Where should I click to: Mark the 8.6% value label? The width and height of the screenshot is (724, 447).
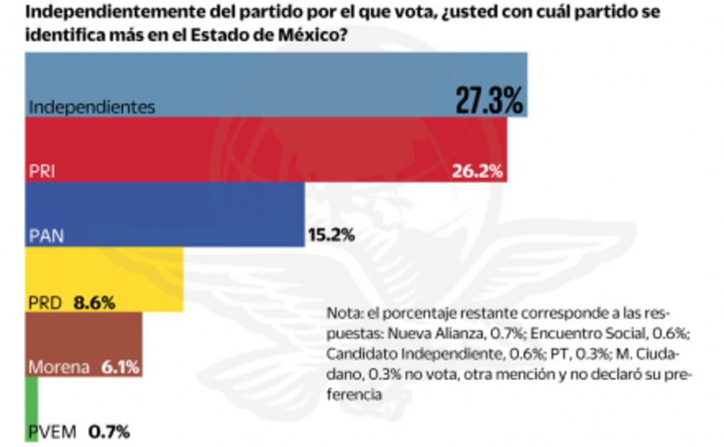coord(94,303)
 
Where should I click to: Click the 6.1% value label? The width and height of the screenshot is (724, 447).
coord(119,367)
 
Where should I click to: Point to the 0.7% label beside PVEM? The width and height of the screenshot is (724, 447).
coord(109,433)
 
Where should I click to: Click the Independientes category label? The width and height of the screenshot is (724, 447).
coord(91,107)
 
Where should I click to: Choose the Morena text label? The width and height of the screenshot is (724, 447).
coord(59,367)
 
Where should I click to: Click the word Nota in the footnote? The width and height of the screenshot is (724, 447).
coord(342,314)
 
